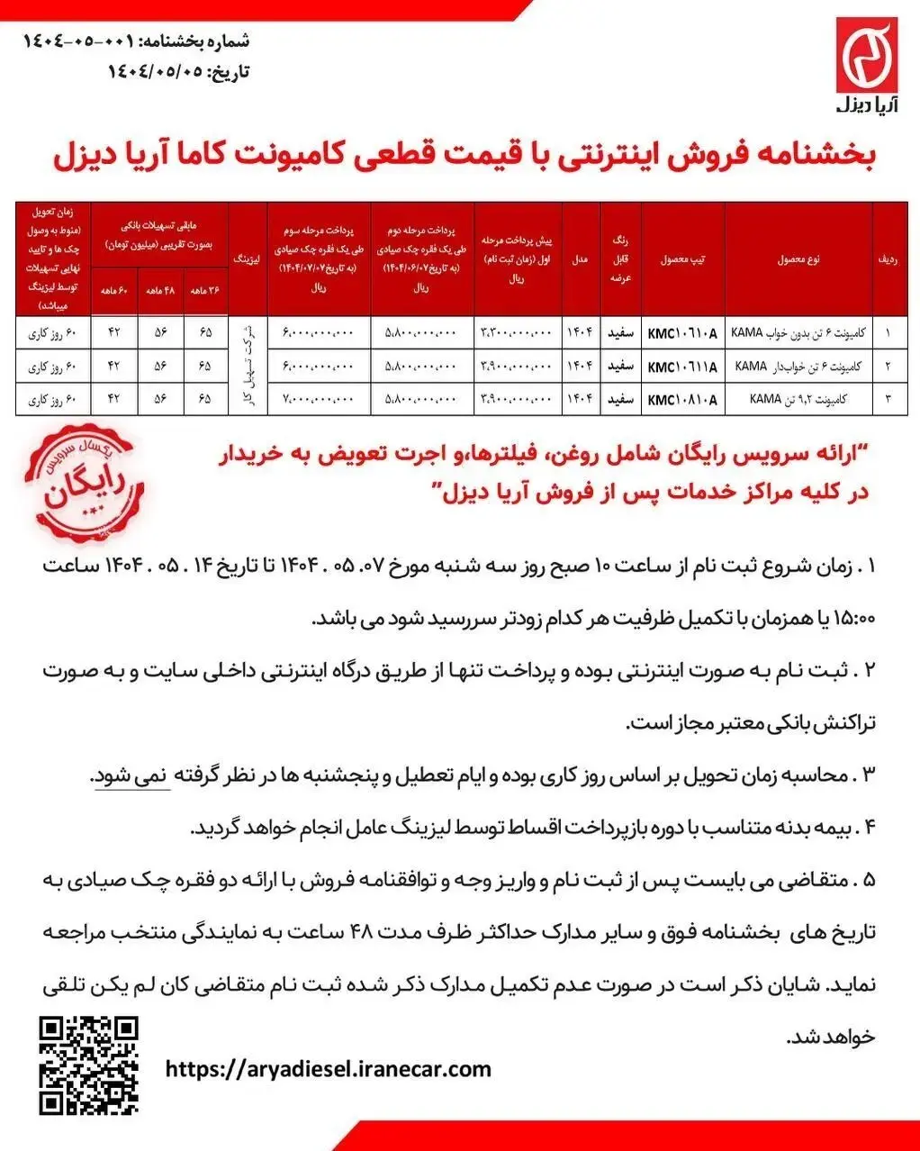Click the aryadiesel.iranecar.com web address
pyautogui.click(x=329, y=1069)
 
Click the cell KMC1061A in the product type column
pyautogui.click(x=682, y=333)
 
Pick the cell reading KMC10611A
pyautogui.click(x=682, y=367)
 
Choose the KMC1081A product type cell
pyautogui.click(x=682, y=399)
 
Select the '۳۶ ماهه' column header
pyautogui.click(x=206, y=291)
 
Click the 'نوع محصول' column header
pyautogui.click(x=798, y=259)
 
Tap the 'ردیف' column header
pyautogui.click(x=889, y=259)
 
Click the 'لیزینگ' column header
pyautogui.click(x=248, y=259)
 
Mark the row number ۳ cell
pyautogui.click(x=889, y=399)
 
